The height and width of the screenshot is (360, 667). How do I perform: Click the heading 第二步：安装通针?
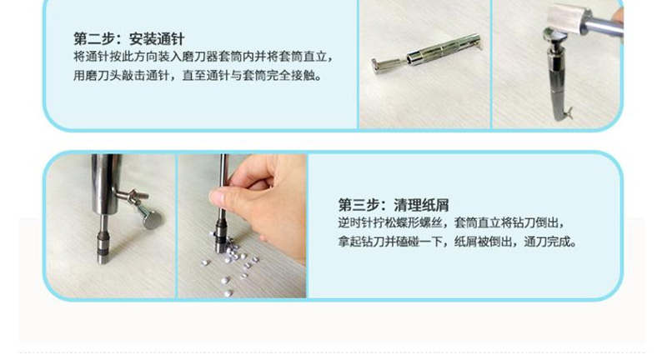[x=129, y=39]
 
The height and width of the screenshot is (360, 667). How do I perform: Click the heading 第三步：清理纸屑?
[x=394, y=205]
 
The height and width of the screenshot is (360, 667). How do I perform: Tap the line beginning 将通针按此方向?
[x=203, y=57]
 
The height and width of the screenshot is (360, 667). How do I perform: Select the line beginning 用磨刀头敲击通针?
[x=198, y=75]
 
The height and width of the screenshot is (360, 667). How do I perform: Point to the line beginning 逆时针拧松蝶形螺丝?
[x=452, y=222]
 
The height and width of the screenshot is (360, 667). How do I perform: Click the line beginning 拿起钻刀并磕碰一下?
[x=458, y=242]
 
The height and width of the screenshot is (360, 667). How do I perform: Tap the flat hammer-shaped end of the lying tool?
[x=378, y=67]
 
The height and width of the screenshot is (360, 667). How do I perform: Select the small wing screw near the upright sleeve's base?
[x=569, y=112]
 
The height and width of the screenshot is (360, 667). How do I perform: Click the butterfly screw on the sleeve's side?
[x=133, y=196]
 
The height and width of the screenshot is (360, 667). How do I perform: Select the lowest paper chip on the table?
[x=228, y=293]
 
